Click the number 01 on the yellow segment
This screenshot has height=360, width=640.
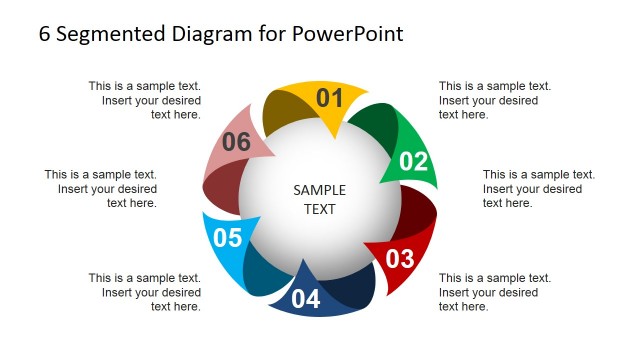(x=329, y=98)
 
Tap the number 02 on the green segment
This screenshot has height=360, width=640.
(x=413, y=162)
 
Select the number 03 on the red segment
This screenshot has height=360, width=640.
(x=399, y=259)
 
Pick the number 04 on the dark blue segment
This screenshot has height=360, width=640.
(x=306, y=299)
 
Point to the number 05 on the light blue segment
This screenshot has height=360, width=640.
(x=228, y=238)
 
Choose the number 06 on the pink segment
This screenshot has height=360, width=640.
(x=236, y=142)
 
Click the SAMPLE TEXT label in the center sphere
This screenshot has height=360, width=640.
(x=320, y=199)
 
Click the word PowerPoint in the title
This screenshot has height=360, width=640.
(x=348, y=33)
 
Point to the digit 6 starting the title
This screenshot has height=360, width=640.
(x=44, y=33)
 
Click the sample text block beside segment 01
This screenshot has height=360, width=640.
(x=495, y=100)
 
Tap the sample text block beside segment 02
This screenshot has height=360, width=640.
(x=538, y=188)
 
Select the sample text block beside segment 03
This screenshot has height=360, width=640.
(x=495, y=292)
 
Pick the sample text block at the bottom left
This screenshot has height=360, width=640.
(x=145, y=292)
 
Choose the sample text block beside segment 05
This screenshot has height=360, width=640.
(x=101, y=188)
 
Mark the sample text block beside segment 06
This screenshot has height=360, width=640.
(x=145, y=100)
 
